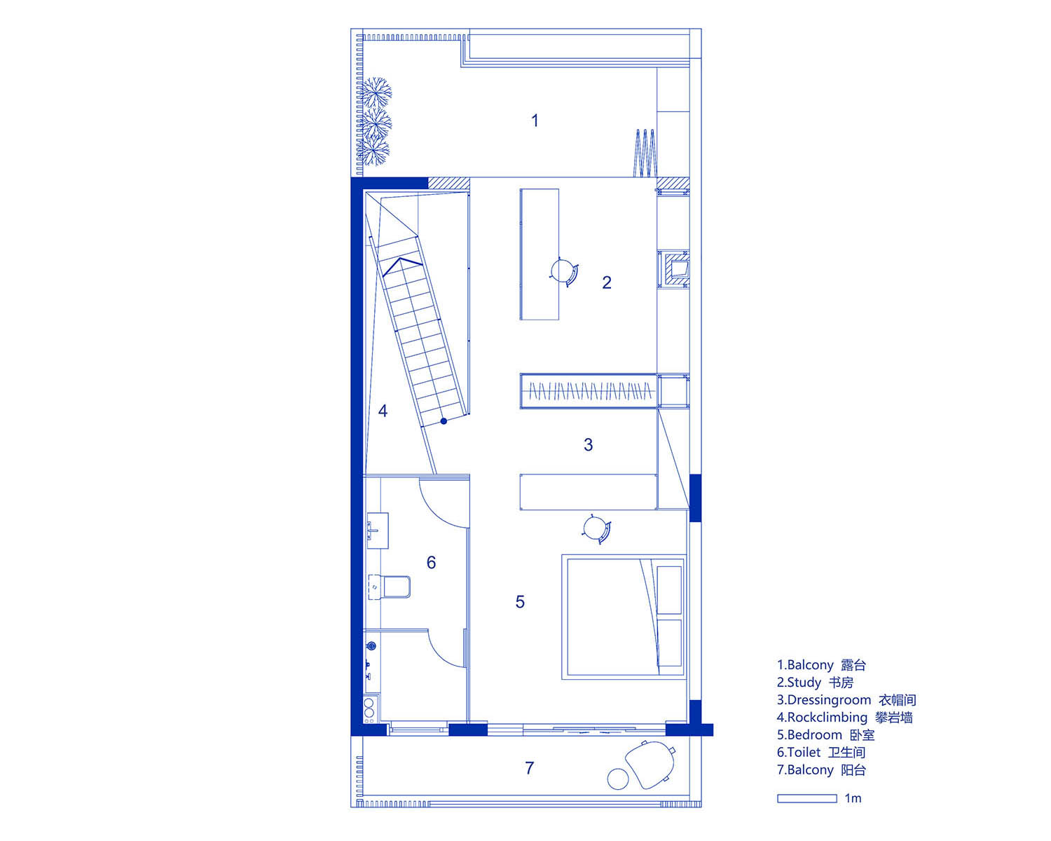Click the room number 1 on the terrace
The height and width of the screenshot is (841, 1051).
(x=535, y=121)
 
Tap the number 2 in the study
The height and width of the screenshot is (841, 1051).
(x=607, y=282)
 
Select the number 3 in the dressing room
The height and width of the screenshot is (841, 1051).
(x=588, y=445)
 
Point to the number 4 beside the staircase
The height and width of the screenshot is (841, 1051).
(x=383, y=411)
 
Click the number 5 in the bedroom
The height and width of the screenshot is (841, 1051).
(x=520, y=601)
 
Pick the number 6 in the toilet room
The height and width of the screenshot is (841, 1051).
(x=431, y=563)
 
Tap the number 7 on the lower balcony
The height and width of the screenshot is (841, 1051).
(x=530, y=768)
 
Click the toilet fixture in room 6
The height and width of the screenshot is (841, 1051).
(x=390, y=587)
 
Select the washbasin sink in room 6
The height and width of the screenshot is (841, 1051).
(x=378, y=531)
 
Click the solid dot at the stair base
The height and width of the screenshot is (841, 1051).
(x=444, y=420)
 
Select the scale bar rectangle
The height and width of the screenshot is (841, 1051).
(x=806, y=798)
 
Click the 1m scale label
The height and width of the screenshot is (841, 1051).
(x=853, y=798)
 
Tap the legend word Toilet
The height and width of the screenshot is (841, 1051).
(x=804, y=753)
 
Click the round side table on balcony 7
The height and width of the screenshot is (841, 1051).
(x=618, y=779)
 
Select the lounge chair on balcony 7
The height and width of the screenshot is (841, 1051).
(x=650, y=765)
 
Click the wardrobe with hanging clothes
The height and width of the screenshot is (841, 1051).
(x=589, y=391)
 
